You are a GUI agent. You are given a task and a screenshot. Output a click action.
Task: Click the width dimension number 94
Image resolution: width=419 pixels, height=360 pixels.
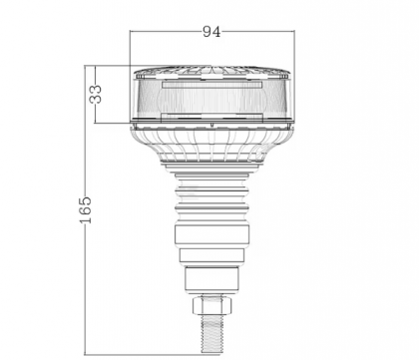click(x=211, y=32)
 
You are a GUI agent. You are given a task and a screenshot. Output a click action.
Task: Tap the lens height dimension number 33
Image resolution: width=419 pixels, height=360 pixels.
click(x=96, y=95)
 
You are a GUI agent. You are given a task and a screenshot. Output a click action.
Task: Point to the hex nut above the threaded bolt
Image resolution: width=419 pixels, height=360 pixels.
click(x=211, y=300)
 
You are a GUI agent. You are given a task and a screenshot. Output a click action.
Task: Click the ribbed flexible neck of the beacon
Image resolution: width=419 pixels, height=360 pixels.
click(x=211, y=200)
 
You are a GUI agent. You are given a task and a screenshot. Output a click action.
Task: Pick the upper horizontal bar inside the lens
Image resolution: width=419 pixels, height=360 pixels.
click(x=211, y=88)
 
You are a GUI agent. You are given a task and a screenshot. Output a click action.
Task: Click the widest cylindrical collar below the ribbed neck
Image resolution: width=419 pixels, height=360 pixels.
click(x=211, y=238)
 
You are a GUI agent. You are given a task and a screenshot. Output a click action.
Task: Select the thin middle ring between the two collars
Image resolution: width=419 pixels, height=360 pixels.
click(x=211, y=257)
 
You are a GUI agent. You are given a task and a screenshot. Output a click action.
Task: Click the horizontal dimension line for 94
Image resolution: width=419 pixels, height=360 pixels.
click(x=170, y=32)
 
